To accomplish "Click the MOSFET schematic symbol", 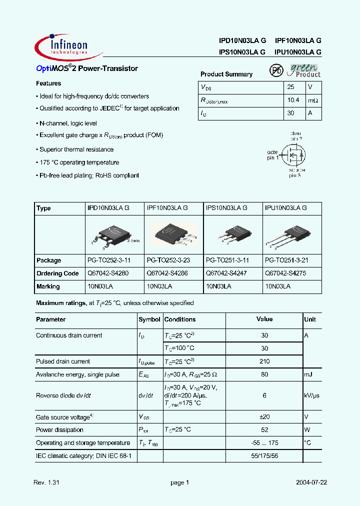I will click(x=292, y=155).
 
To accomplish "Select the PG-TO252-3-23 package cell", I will click(x=168, y=260).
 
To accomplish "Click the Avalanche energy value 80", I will click(x=264, y=374).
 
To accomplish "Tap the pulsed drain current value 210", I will click(x=264, y=361).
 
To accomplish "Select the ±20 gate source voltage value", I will click(x=264, y=417).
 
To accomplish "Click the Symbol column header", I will click(x=149, y=319).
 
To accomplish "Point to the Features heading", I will click(x=48, y=83).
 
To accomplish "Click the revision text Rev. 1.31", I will click(x=46, y=482).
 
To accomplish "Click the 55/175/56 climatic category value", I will click(x=264, y=456).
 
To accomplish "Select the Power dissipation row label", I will click(x=59, y=430).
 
